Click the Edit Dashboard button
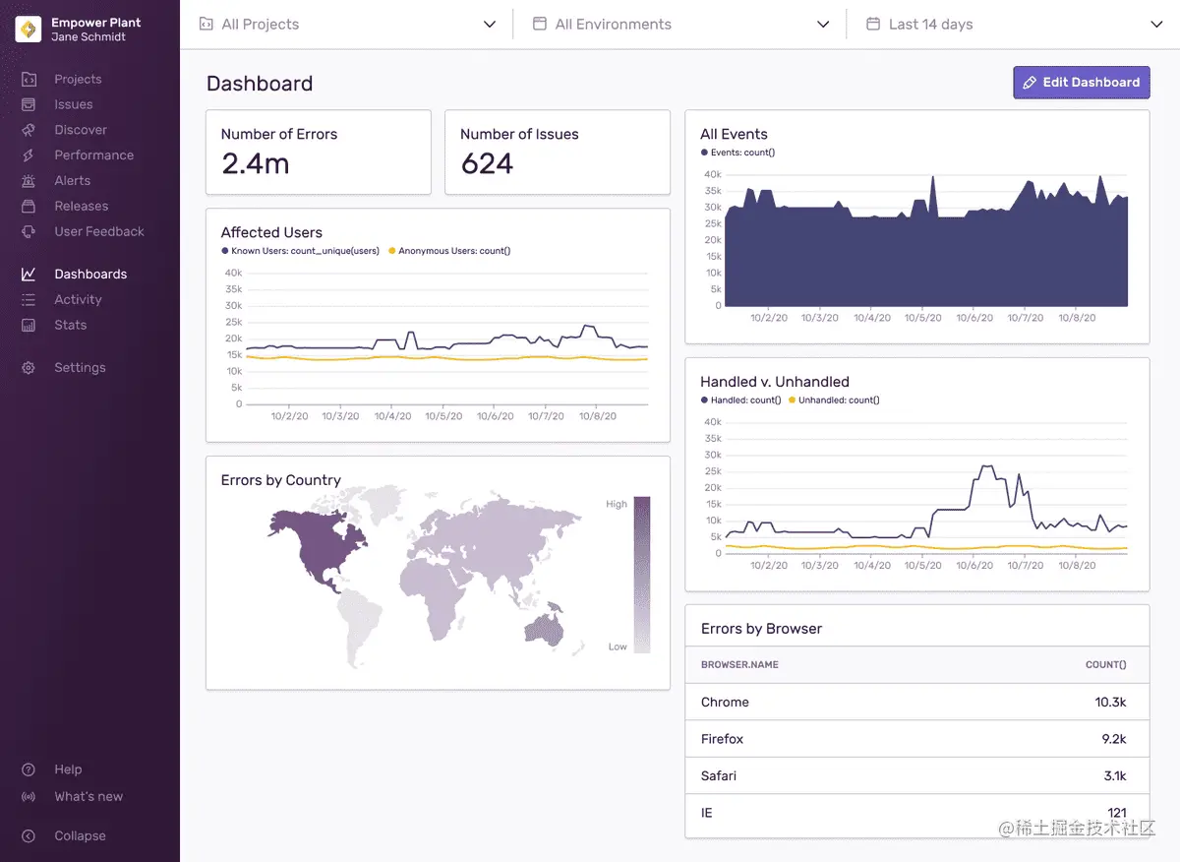click(x=1081, y=83)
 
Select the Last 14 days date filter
click(x=1013, y=25)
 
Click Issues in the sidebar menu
click(x=73, y=104)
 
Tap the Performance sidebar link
click(x=93, y=155)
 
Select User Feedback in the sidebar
click(x=98, y=232)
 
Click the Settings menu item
click(x=80, y=368)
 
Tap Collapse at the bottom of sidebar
click(x=80, y=836)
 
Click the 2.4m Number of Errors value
click(x=256, y=164)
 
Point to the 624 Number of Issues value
click(x=487, y=164)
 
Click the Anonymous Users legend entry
click(x=453, y=252)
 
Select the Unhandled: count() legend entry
click(x=838, y=400)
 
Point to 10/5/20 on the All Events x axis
click(x=922, y=318)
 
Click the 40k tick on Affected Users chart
click(x=233, y=273)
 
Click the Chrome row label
click(x=725, y=703)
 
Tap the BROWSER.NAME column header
click(x=739, y=665)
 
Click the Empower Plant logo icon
click(x=29, y=30)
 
